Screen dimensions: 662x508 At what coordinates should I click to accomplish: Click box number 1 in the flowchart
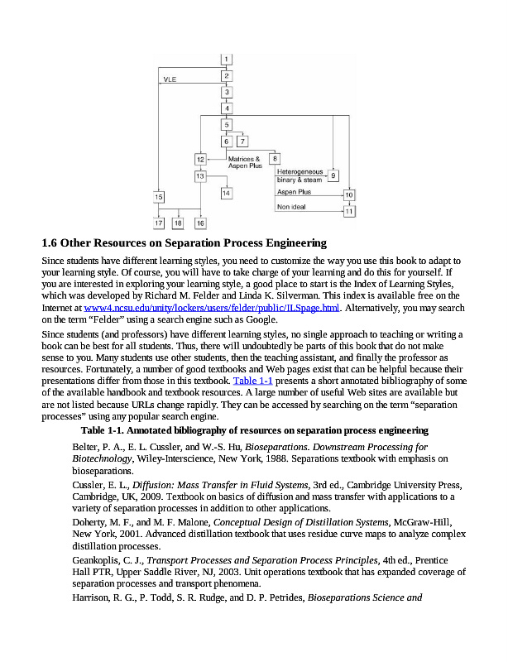pyautogui.click(x=226, y=59)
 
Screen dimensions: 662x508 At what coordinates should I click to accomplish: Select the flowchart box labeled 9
pyautogui.click(x=333, y=175)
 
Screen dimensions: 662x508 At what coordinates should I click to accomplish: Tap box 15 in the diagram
pyautogui.click(x=158, y=196)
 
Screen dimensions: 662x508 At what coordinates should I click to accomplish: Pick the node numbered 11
pyautogui.click(x=349, y=211)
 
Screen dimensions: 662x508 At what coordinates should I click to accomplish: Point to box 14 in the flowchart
pyautogui.click(x=226, y=193)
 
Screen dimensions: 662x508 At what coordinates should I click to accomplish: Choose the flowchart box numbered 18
pyautogui.click(x=178, y=223)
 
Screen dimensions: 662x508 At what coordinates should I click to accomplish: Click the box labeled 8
pyautogui.click(x=275, y=158)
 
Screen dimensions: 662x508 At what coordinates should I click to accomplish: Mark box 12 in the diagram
pyautogui.click(x=200, y=159)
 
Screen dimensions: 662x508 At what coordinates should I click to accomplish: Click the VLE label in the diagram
pyautogui.click(x=170, y=80)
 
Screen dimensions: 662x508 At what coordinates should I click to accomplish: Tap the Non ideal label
pyautogui.click(x=291, y=207)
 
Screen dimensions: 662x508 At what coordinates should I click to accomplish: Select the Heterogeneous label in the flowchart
pyautogui.click(x=300, y=171)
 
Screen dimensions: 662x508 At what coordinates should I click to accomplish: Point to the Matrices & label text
pyautogui.click(x=244, y=158)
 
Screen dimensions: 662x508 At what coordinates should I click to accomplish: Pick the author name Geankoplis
pyautogui.click(x=98, y=560)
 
